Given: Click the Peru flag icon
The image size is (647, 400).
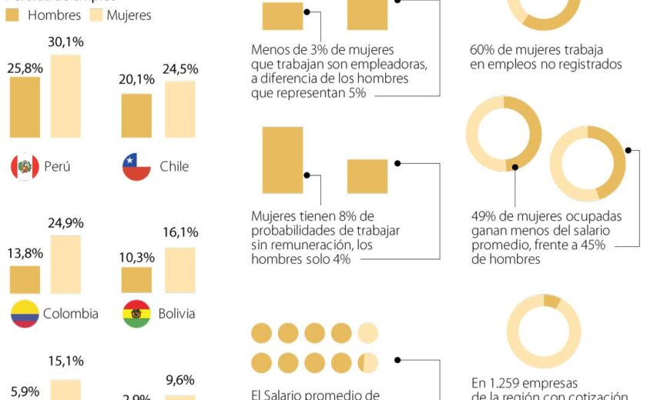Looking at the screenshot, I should [25, 166].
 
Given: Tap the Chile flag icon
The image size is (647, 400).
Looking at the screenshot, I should [136, 166].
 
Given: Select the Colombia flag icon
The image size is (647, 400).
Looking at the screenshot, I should [25, 313].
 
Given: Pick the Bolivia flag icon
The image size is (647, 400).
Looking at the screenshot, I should [136, 313].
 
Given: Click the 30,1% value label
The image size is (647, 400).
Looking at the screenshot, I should [65, 42].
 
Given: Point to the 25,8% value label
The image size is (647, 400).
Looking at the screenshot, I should [25, 67].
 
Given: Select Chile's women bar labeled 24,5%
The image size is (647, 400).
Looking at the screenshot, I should [180, 109].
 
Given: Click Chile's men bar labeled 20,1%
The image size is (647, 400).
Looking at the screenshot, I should [136, 115].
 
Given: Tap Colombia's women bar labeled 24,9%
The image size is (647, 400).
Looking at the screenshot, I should [65, 264].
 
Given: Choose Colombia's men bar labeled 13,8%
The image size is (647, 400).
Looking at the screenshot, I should [25, 279].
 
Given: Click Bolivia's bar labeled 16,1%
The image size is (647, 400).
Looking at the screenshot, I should [180, 270].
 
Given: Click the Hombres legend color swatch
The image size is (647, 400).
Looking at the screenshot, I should [13, 15].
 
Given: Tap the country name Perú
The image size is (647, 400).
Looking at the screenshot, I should [57, 166].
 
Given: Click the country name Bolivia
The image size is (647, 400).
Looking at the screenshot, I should [176, 313].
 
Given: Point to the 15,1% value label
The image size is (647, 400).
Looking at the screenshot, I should [65, 361].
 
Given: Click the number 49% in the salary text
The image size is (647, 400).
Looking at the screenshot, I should [483, 217].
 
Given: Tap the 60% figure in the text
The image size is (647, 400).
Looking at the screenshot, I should [482, 51].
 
